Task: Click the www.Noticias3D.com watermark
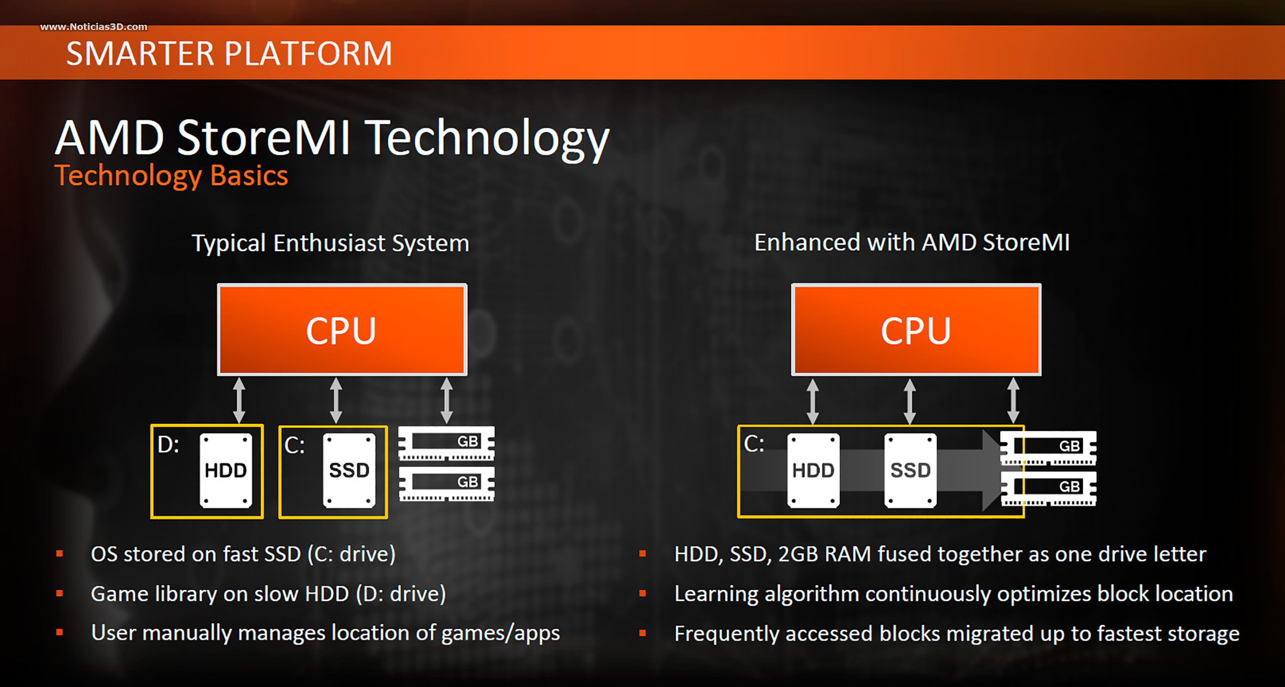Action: tap(94, 27)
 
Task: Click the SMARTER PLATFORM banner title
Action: tap(229, 53)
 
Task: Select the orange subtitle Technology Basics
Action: tap(171, 176)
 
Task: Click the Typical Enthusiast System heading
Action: tap(330, 243)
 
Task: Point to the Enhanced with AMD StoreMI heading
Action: tap(912, 242)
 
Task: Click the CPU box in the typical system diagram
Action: tap(342, 330)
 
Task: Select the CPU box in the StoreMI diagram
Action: tap(916, 330)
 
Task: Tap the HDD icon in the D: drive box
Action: tap(226, 470)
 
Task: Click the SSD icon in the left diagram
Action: tap(349, 470)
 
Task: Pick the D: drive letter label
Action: tap(168, 445)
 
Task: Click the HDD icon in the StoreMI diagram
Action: tap(814, 470)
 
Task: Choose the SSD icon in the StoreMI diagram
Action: tap(910, 470)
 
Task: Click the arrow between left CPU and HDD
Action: tap(240, 400)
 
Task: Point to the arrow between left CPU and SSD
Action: tap(336, 400)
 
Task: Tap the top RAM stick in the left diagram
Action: tap(447, 443)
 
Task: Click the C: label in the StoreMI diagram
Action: tap(754, 444)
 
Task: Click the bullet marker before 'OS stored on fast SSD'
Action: tap(60, 553)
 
